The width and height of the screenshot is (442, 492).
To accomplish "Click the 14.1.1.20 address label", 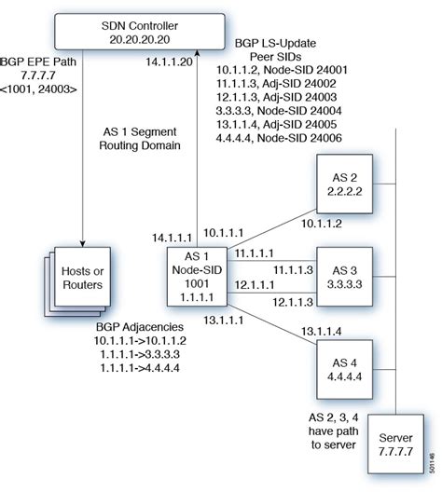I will click(170, 62).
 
